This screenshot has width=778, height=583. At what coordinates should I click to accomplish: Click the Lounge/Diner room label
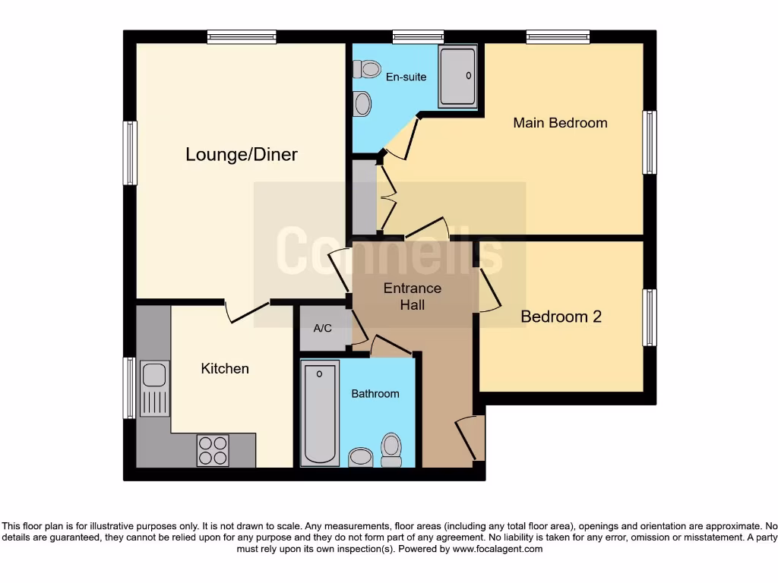coord(242,155)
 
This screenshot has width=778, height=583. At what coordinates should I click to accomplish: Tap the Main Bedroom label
coord(560,123)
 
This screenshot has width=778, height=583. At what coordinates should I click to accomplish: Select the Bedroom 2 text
coord(561,317)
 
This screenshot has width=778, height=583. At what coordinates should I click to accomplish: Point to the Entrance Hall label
coord(412,296)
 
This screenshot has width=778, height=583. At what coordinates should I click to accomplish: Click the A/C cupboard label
coord(322,329)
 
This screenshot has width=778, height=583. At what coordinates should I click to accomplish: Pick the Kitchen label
coord(225,369)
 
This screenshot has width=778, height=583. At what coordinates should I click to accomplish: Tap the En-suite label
coord(406,77)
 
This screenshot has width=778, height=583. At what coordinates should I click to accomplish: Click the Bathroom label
coord(375,393)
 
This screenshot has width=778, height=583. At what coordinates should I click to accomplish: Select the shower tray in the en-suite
coord(458,76)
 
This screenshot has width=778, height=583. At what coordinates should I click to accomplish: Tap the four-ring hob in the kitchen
coord(213,449)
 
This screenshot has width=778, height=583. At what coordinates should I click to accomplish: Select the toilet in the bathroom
coord(391,449)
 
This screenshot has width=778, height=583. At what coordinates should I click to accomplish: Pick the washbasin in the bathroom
coord(360,457)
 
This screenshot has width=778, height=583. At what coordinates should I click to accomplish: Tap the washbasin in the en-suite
coord(362,103)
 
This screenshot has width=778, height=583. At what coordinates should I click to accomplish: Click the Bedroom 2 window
coord(650,317)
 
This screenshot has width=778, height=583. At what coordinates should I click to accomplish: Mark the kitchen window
coord(130,388)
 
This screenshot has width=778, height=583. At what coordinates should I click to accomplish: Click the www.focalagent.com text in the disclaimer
coord(498,549)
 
